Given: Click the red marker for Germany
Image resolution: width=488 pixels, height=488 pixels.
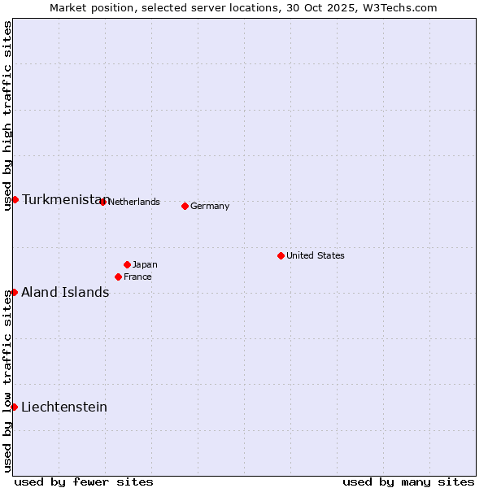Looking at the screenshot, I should (x=185, y=206).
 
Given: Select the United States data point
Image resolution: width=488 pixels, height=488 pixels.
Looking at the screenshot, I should (x=281, y=255).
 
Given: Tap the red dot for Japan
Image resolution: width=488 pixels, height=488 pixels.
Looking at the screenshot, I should (x=128, y=264).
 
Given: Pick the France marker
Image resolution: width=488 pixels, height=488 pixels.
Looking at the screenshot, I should (x=119, y=277).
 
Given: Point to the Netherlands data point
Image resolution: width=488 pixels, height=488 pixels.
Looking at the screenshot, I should (x=102, y=202).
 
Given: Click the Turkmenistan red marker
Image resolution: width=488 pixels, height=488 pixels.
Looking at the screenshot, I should (x=15, y=199).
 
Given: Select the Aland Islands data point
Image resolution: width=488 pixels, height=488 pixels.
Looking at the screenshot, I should (x=14, y=292).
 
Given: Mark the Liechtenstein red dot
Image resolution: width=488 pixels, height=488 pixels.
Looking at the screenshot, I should (x=14, y=407).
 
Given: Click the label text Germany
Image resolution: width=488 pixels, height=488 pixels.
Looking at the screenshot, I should (x=210, y=206).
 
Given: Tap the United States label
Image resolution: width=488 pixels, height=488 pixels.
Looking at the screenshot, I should (x=316, y=255).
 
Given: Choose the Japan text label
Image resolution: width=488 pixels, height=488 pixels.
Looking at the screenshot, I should (x=145, y=264).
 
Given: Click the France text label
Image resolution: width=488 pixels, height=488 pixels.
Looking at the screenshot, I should (x=137, y=277).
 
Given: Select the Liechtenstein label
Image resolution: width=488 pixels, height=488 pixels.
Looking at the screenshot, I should (x=64, y=407).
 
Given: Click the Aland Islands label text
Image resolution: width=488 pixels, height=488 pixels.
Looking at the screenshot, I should (x=65, y=292).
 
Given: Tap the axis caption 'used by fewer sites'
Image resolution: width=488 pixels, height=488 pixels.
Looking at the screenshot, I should (x=84, y=481).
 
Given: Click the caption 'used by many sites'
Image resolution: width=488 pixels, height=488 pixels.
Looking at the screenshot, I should (x=408, y=481).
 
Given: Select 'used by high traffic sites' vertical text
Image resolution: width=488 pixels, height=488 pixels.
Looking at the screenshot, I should (x=7, y=115).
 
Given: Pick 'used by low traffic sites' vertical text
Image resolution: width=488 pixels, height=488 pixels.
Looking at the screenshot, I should (x=7, y=381).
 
